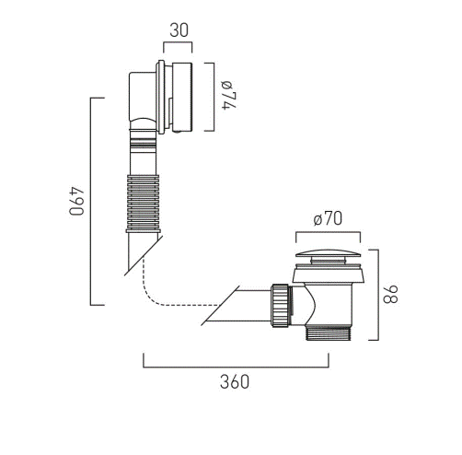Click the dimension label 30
(179, 30)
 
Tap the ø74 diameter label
(229, 95)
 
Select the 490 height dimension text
(76, 201)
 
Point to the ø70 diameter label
(328, 218)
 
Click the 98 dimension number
(390, 294)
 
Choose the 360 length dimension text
(235, 382)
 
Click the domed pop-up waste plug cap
(328, 253)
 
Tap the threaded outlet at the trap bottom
(329, 332)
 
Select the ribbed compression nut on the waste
(280, 305)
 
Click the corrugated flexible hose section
(143, 204)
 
